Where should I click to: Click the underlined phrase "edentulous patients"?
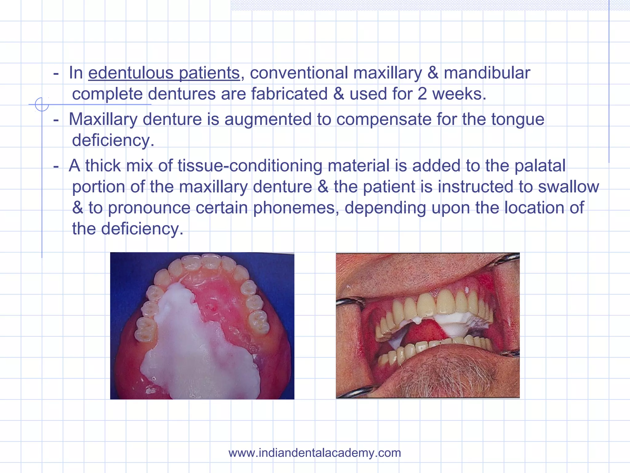pos(164,73)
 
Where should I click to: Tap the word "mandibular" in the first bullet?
pos(487,73)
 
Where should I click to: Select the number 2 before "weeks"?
pos(422,94)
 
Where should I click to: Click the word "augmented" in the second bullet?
pos(268,119)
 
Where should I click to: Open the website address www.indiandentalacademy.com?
pos(315,453)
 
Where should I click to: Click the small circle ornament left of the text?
pos(42,104)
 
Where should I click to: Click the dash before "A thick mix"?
pos(56,166)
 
